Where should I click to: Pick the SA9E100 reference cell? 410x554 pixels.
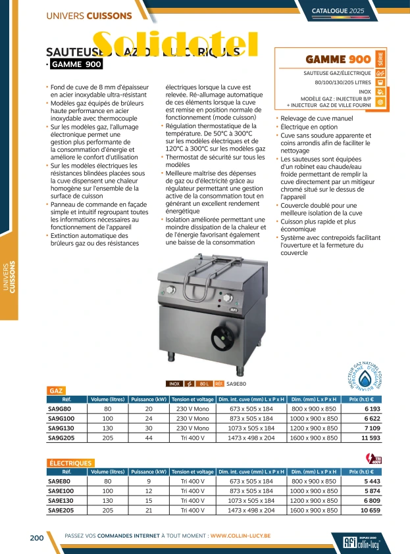[x=61, y=490]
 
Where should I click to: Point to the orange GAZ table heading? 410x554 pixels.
[x=57, y=390]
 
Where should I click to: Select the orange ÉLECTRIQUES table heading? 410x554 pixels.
[x=70, y=463]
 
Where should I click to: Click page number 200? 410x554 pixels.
[x=36, y=538]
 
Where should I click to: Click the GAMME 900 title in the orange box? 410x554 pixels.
[x=329, y=59]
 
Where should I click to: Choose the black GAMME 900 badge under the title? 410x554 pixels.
[x=75, y=64]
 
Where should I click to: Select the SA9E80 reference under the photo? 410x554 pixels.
[x=236, y=383]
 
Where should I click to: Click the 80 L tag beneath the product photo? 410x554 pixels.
[x=203, y=383]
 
